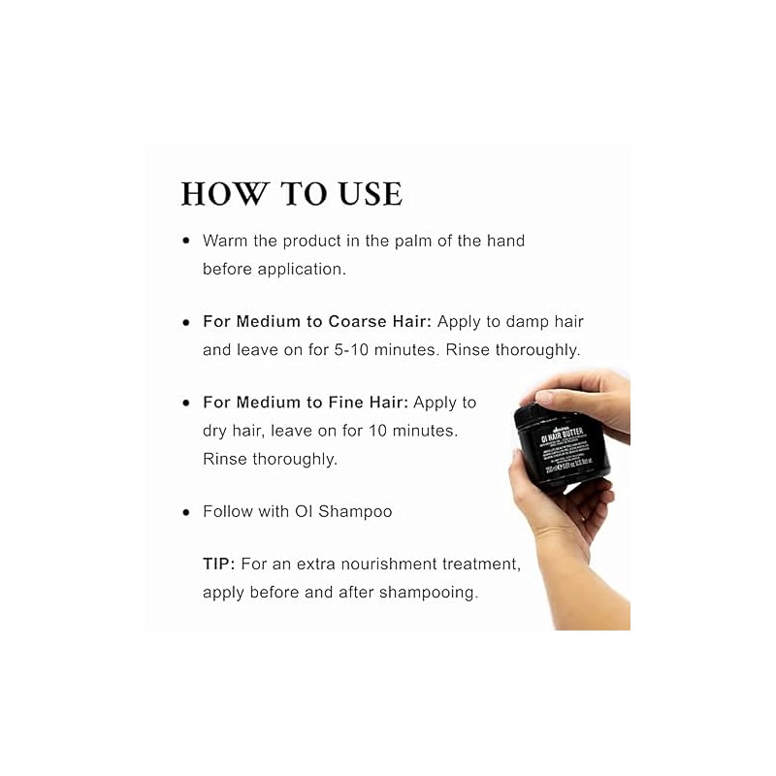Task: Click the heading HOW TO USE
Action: point(291,193)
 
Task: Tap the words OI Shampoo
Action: point(343,511)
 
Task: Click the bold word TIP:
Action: point(219,563)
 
